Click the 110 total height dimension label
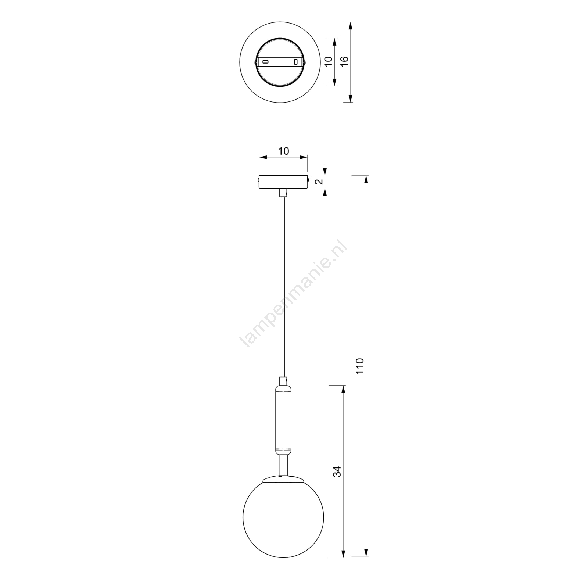click(360, 366)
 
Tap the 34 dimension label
click(337, 472)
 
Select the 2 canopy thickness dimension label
click(319, 181)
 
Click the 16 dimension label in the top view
click(344, 61)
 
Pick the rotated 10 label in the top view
click(329, 61)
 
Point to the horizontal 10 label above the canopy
click(283, 151)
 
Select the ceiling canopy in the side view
click(283, 182)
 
